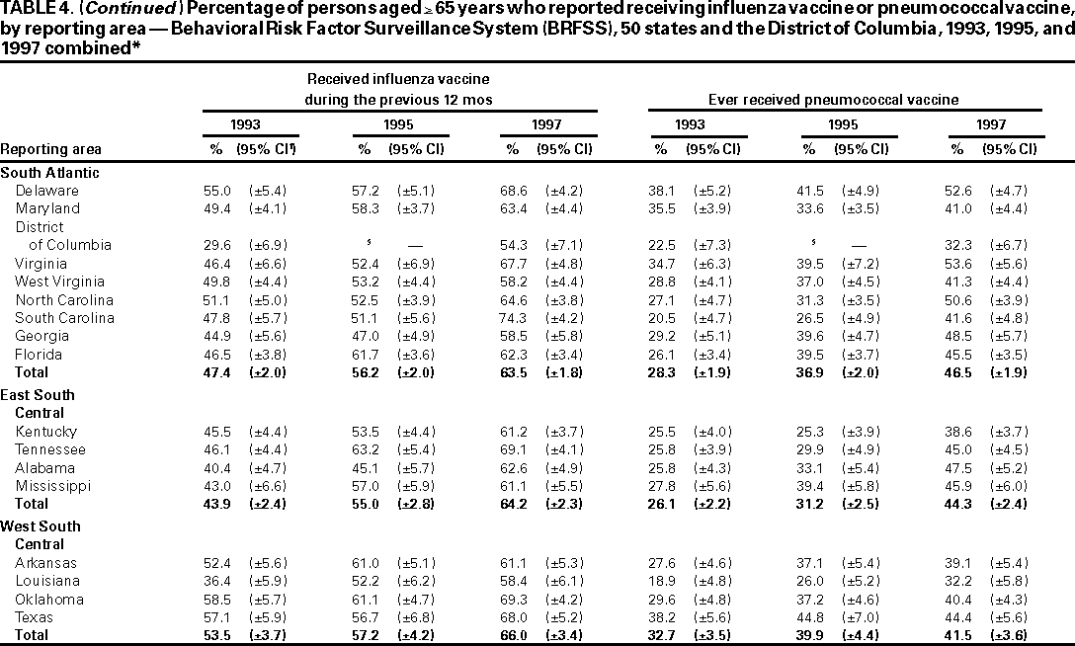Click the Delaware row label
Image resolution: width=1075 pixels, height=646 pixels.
click(46, 191)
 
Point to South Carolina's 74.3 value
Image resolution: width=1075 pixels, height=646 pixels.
click(512, 318)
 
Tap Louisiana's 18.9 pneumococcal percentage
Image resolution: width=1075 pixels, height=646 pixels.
click(660, 581)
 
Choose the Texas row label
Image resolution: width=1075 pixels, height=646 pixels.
click(36, 617)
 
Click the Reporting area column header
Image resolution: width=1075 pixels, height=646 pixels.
click(50, 149)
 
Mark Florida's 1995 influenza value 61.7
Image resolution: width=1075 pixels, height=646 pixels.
click(364, 354)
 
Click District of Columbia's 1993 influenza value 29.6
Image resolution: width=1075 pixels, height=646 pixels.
click(215, 245)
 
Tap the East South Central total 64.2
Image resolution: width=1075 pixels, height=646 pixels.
click(512, 504)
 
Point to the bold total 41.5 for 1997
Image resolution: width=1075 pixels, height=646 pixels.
click(956, 635)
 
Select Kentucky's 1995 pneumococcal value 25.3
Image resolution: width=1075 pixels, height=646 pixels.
click(808, 432)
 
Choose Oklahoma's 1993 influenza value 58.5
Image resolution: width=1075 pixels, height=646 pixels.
click(215, 600)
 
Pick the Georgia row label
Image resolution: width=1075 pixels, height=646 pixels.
click(41, 336)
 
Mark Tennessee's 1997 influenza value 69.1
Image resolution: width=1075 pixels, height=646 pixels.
click(512, 449)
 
